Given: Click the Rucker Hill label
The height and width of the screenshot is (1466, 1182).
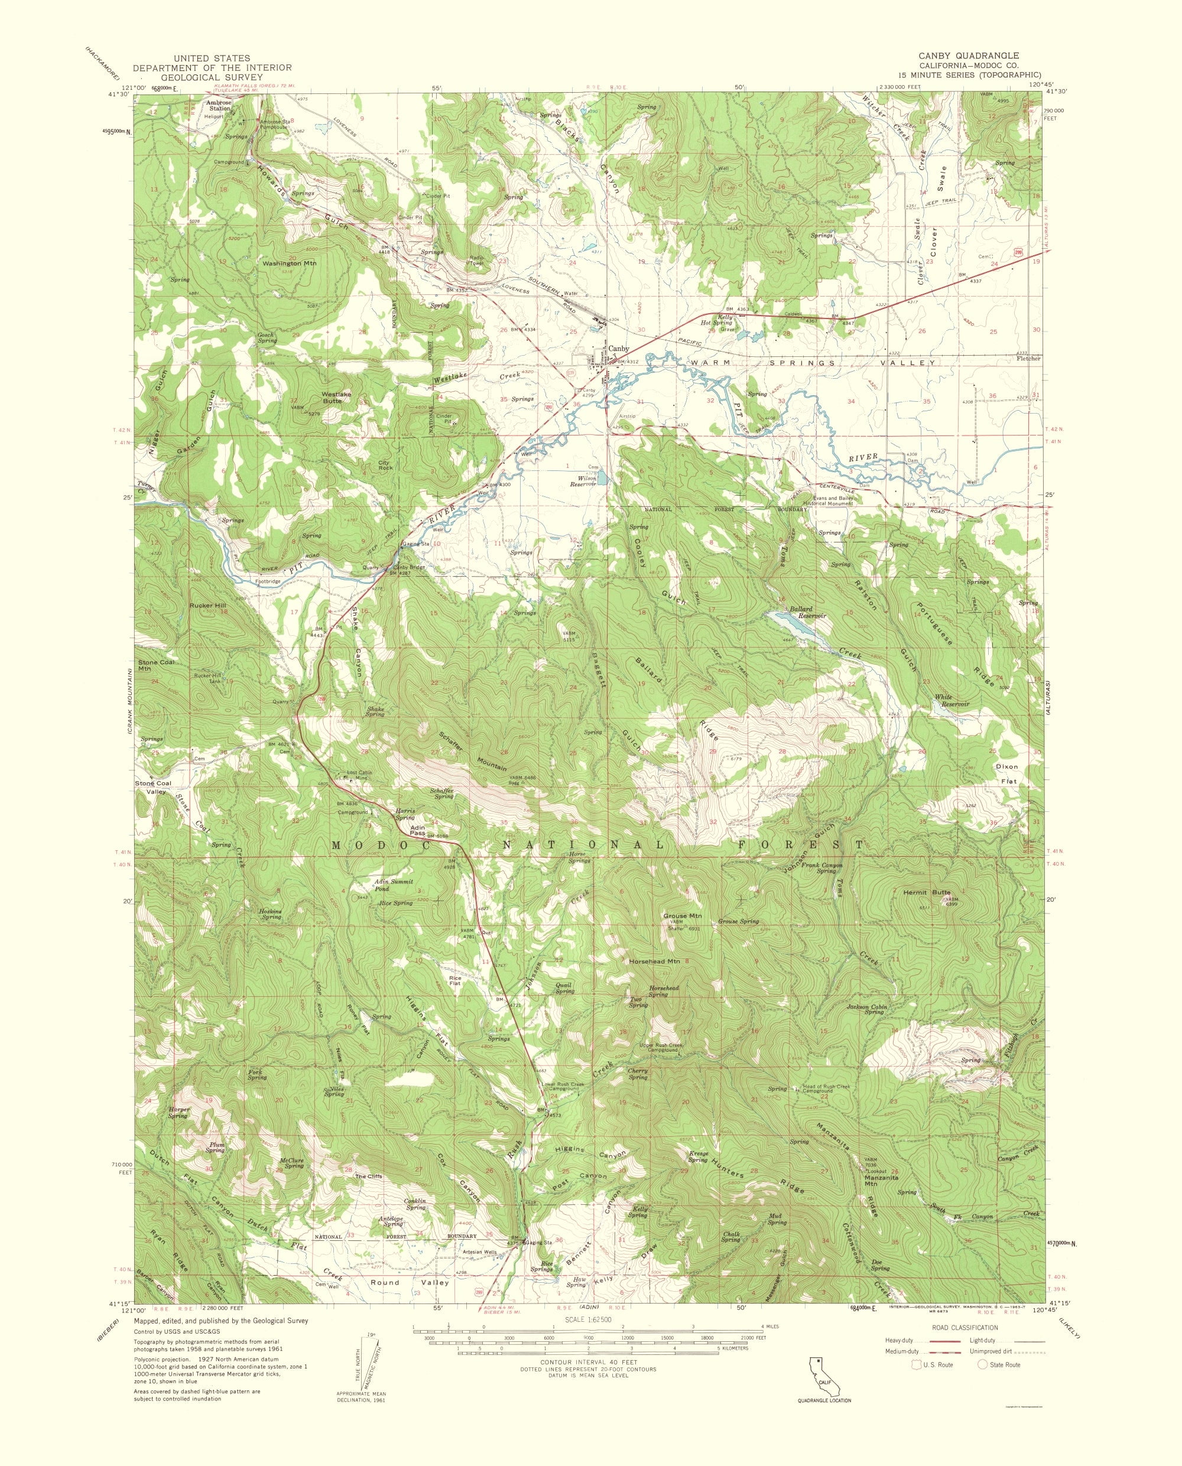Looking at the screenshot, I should pos(210,604).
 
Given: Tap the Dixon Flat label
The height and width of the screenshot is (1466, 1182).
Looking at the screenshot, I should pos(1006,774).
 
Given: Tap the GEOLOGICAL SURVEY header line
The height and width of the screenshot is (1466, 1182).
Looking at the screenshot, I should pos(212,77).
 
